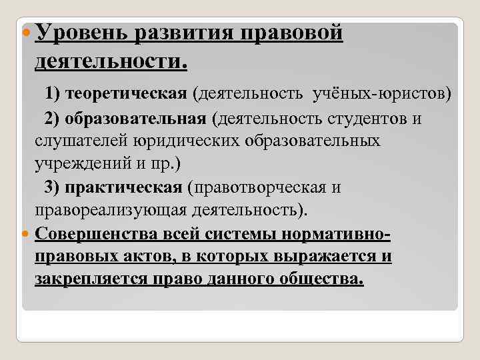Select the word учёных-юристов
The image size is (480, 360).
(381, 94)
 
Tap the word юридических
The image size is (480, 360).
(176, 141)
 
